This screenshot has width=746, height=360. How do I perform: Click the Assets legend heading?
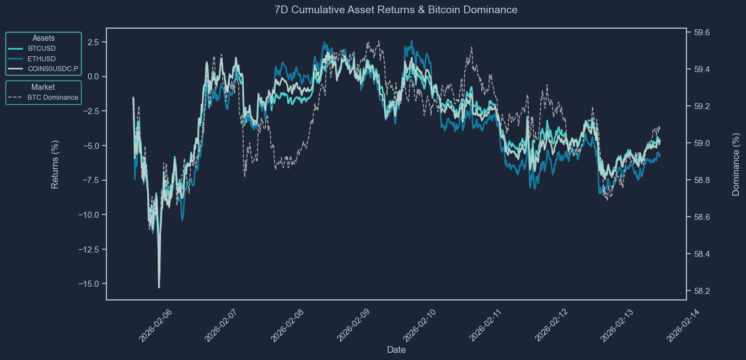click(x=44, y=38)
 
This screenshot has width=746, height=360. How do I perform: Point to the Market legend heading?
click(x=43, y=87)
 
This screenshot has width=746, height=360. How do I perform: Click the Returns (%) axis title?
click(x=55, y=164)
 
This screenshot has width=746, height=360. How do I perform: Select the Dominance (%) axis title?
click(x=736, y=164)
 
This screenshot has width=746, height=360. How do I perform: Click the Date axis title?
click(x=396, y=350)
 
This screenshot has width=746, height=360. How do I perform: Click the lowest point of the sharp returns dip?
click(x=159, y=287)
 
